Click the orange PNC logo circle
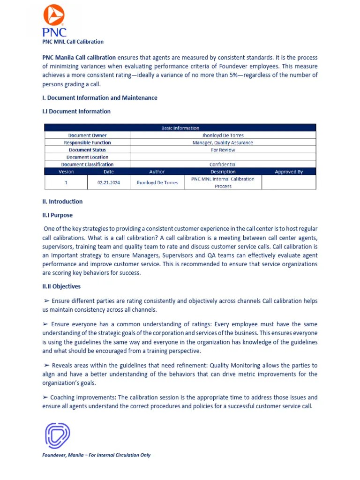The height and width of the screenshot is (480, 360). point(54,15)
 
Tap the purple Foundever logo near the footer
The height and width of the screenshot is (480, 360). point(57,435)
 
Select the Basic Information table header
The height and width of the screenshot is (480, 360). point(180,128)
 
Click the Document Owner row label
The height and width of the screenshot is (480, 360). point(87,135)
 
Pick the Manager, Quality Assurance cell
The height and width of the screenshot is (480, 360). point(223,142)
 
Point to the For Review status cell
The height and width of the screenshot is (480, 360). point(223,150)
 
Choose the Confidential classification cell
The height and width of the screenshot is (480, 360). point(223,165)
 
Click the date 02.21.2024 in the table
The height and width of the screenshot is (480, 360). point(109,182)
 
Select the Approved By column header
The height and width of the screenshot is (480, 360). point(289,172)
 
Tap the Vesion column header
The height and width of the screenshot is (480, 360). point(66,172)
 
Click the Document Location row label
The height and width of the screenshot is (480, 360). point(87,157)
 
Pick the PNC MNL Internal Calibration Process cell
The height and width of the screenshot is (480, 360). point(223,182)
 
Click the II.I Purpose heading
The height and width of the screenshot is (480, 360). point(58,215)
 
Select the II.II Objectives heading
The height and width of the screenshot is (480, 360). point(61,286)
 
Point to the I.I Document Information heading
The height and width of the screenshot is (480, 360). point(76,112)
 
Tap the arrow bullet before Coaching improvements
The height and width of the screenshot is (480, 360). point(45,397)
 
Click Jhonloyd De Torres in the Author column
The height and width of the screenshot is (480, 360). point(157,182)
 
